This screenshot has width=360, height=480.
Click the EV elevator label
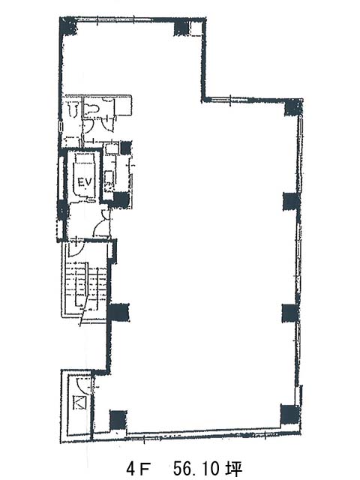[85, 182]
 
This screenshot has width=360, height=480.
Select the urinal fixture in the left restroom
[73, 109]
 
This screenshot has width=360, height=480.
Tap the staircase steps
[87, 286]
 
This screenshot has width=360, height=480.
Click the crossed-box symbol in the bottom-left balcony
[79, 402]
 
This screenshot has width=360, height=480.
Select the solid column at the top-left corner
[68, 26]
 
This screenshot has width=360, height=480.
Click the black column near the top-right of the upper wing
[181, 28]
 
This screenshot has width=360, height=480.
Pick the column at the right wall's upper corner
[293, 108]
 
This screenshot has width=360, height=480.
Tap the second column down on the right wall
[290, 202]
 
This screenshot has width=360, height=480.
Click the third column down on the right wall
[290, 313]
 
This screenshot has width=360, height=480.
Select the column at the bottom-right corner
[289, 414]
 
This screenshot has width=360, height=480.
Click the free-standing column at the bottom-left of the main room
[118, 420]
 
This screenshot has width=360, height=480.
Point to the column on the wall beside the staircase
[118, 313]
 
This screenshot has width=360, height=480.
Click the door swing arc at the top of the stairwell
[74, 250]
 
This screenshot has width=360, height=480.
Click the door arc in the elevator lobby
[101, 227]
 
